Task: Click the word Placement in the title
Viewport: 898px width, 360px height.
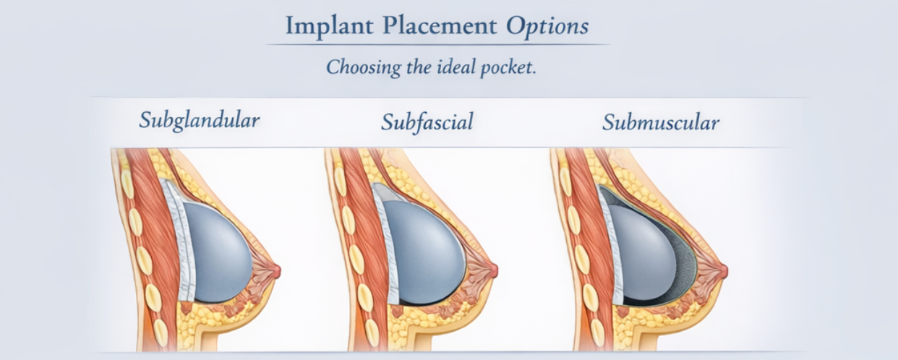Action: [440, 25]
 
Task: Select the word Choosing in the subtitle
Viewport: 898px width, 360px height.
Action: [363, 67]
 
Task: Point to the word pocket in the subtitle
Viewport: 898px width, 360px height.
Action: [508, 67]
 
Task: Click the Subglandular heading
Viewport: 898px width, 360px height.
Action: [200, 120]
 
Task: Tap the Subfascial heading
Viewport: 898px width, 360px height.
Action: [427, 122]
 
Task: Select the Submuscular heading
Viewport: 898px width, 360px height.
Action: [661, 122]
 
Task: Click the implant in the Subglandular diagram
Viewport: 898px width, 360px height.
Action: [218, 252]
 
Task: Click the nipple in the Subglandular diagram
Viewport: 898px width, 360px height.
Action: [275, 270]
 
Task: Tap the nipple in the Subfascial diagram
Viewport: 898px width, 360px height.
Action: [493, 270]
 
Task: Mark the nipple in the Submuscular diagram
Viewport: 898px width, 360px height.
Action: [723, 270]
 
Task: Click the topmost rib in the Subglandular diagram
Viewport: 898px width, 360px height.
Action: [127, 183]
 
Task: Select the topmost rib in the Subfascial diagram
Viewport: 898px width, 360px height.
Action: [340, 181]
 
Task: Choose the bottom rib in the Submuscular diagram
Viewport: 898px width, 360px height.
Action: [597, 333]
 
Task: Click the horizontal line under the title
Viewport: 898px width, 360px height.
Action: [437, 45]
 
